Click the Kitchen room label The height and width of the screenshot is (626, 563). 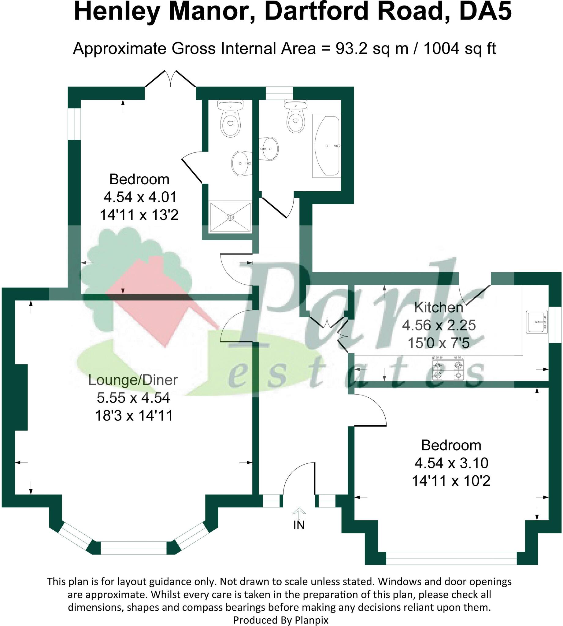coord(439,307)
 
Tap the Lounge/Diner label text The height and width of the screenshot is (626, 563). coord(133,380)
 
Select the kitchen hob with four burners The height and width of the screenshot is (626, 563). coord(448,370)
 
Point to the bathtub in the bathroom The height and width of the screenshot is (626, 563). coord(327,145)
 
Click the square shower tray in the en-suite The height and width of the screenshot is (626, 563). coord(230,217)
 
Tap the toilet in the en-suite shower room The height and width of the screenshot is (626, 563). coord(231,119)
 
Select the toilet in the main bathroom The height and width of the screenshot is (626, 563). coord(296,116)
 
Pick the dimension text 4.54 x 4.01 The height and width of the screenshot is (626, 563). coord(140,197)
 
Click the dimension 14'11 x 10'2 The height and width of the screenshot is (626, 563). coord(451,481)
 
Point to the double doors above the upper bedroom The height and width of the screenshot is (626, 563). coord(170,79)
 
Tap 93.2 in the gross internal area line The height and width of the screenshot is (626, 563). coord(351,49)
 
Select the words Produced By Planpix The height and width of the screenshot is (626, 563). coord(280,620)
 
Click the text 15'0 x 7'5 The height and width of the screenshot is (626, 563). coord(439,343)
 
